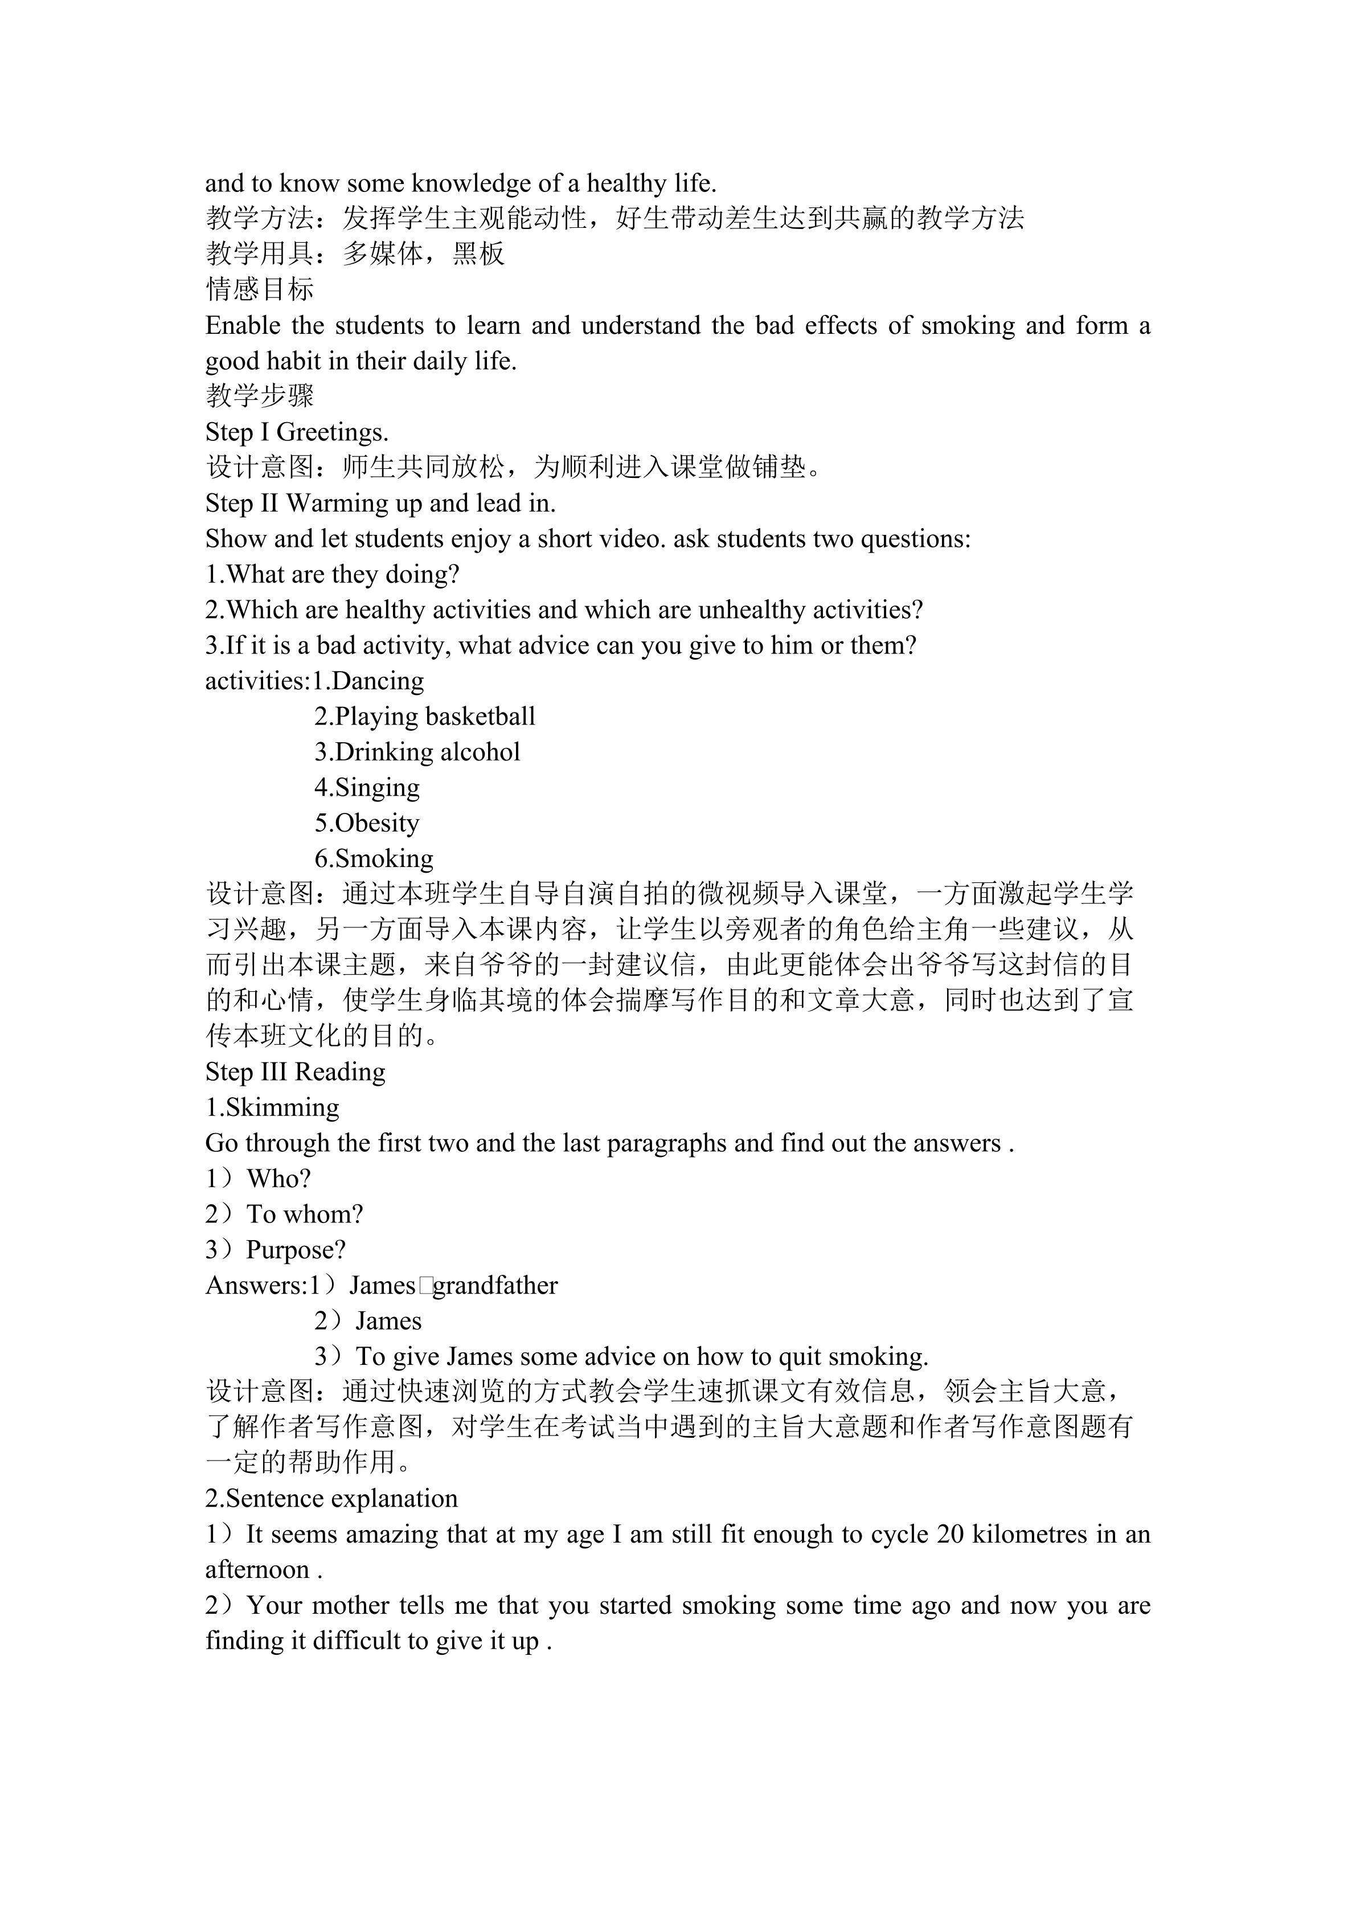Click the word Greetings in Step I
[333, 433]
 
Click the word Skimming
[283, 1108]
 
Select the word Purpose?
[296, 1250]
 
